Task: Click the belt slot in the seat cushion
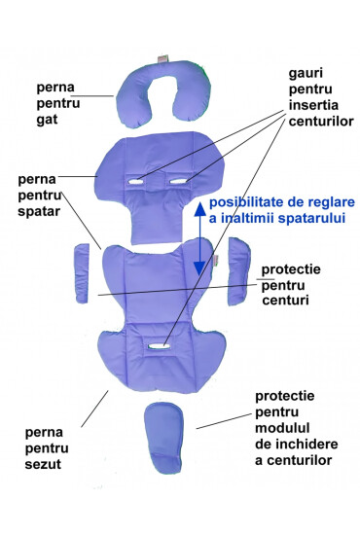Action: (156, 343)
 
